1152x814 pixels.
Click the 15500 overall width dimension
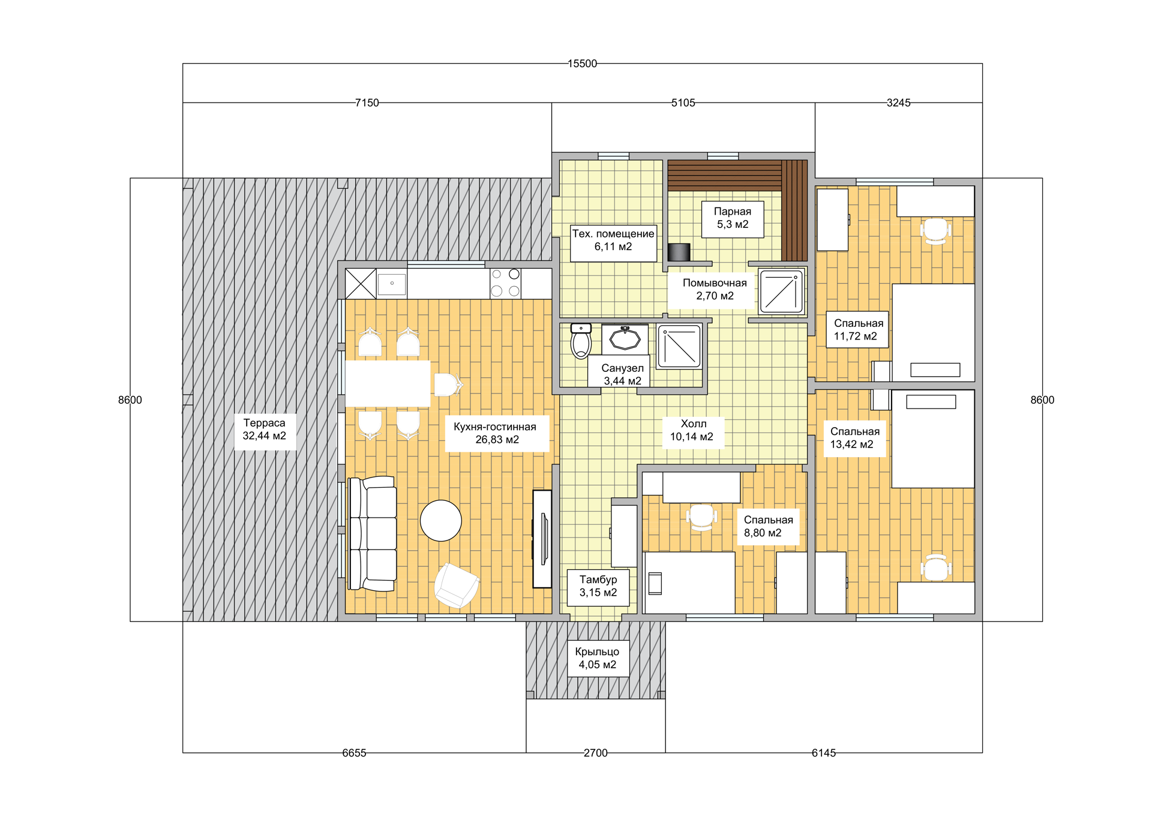[x=582, y=64]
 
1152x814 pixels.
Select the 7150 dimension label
[x=367, y=103]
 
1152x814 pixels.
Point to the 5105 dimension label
[x=683, y=103]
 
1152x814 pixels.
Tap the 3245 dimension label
[x=898, y=103]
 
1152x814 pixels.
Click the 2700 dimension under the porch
[x=595, y=753]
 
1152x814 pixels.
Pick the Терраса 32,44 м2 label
[x=265, y=429]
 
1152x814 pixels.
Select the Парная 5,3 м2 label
[x=733, y=218]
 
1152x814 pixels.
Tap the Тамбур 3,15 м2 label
[x=598, y=586]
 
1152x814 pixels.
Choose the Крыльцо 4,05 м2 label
[x=597, y=658]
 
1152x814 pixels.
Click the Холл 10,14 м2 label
[x=692, y=430]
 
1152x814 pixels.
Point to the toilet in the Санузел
[x=581, y=341]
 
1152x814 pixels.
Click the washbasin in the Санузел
[x=625, y=339]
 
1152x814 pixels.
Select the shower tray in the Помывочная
[x=781, y=292]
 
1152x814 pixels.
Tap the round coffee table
[x=441, y=521]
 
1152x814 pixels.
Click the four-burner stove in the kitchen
[x=506, y=283]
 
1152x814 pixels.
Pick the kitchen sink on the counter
[x=392, y=283]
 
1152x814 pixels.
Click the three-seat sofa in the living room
[x=373, y=534]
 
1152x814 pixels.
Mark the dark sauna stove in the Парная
[x=679, y=253]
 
